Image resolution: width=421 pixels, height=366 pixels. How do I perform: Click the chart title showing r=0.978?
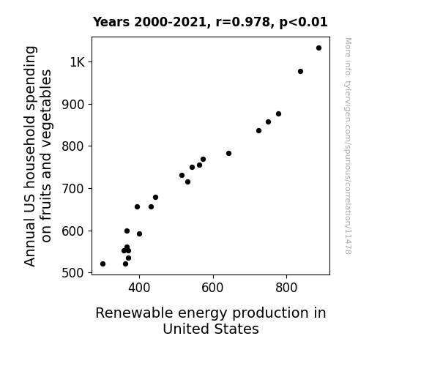(210, 22)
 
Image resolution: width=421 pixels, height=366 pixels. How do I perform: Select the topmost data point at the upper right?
(318, 48)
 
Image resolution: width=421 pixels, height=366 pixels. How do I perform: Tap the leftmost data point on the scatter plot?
(103, 264)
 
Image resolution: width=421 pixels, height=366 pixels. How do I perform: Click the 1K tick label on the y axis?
(78, 62)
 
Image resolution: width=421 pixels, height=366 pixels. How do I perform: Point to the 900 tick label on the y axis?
(73, 105)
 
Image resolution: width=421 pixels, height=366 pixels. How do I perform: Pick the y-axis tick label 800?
(73, 146)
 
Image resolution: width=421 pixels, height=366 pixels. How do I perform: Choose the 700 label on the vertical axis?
(73, 189)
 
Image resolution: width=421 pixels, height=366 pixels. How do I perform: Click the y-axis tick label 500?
(73, 273)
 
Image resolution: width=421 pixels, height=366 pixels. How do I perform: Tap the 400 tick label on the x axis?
(139, 288)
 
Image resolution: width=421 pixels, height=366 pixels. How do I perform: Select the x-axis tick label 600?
(212, 288)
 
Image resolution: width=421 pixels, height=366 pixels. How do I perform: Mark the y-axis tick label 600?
(73, 231)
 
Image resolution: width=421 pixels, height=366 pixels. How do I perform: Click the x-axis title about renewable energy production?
(211, 321)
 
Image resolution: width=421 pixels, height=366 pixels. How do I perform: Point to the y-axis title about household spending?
(37, 156)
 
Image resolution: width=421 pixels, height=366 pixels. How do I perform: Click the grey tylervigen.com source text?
(348, 146)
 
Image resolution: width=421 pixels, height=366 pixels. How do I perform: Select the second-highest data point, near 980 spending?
(300, 72)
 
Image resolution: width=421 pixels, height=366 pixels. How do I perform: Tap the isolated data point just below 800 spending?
(228, 153)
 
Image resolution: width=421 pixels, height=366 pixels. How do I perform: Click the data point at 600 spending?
(127, 231)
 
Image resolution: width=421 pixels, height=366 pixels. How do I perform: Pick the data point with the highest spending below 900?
(278, 114)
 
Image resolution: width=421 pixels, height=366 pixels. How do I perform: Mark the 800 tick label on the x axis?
(286, 288)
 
